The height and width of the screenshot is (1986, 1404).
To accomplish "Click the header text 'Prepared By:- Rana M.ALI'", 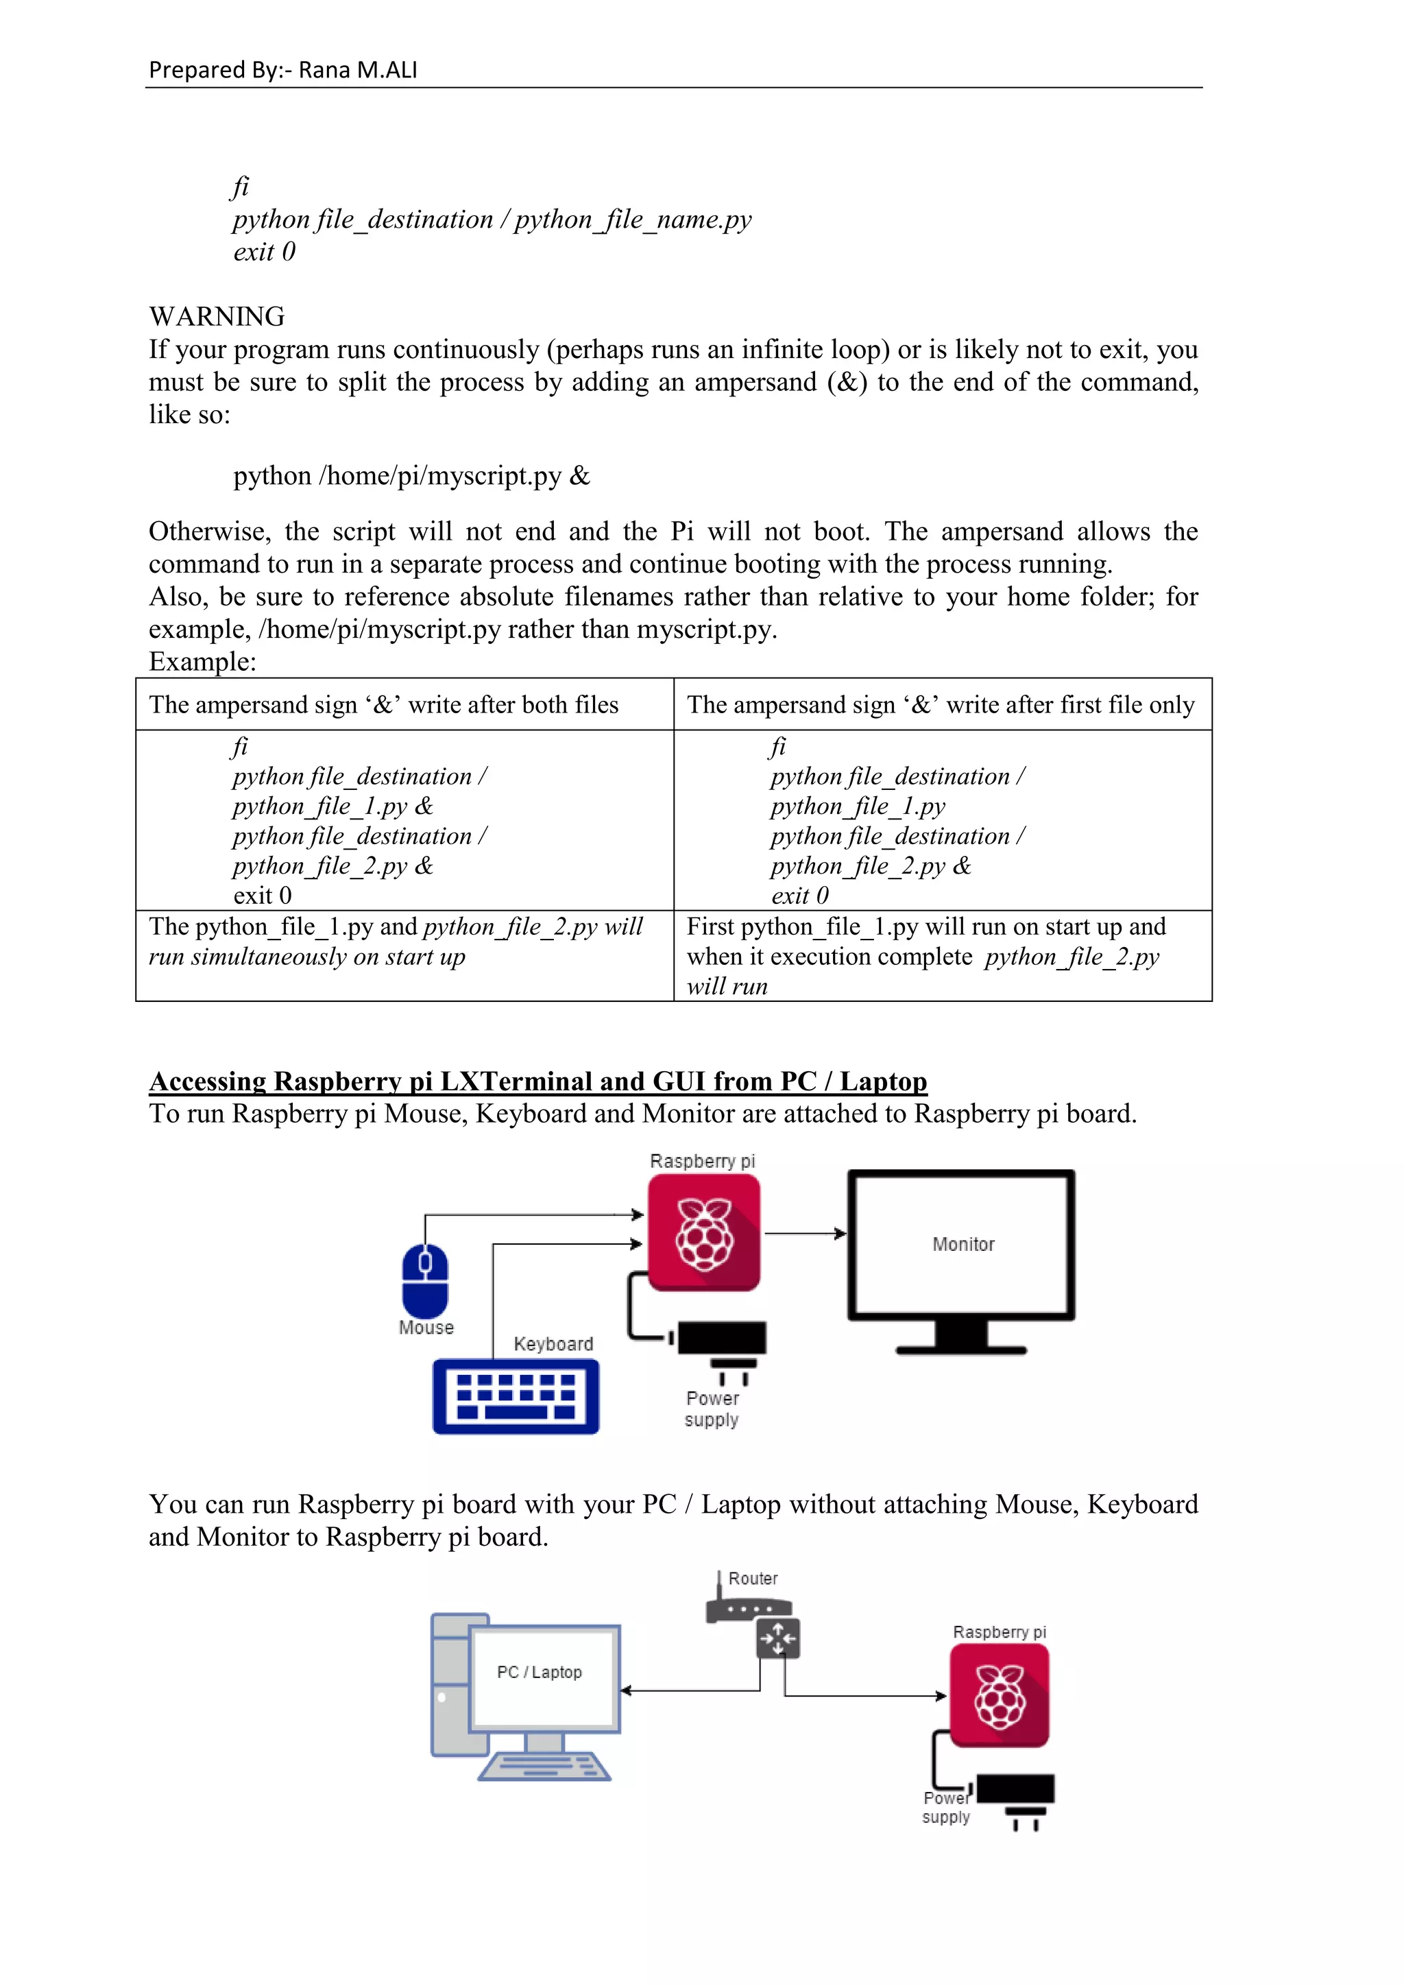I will tap(282, 70).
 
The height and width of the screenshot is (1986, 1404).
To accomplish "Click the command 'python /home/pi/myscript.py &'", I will tap(411, 476).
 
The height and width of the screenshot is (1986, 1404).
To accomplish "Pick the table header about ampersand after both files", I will tap(384, 705).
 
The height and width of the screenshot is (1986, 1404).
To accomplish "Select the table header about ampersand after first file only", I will tap(941, 705).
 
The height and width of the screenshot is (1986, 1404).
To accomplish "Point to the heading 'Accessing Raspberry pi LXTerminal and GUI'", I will tap(537, 1081).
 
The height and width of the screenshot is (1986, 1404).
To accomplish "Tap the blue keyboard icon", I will tap(516, 1396).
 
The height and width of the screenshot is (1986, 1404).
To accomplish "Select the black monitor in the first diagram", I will tap(961, 1258).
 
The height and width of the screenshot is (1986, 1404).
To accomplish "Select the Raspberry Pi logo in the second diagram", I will tap(1000, 1696).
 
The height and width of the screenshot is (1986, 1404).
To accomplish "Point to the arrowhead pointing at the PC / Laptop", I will tap(627, 1690).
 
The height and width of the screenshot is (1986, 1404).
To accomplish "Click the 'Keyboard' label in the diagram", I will tap(553, 1343).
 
